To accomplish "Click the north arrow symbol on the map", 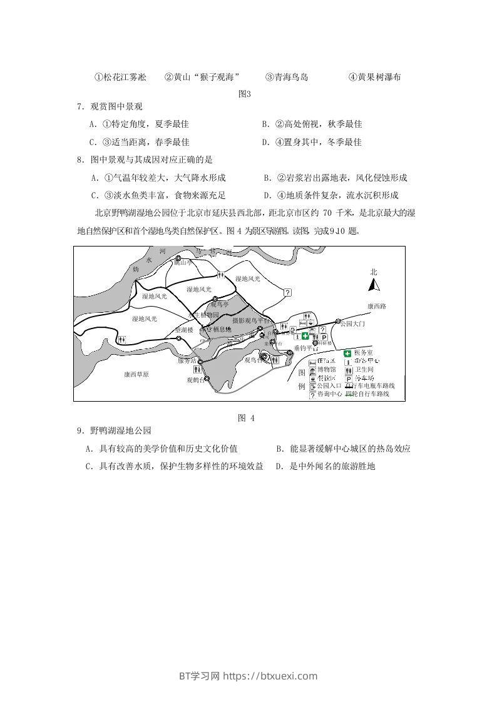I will (374, 285).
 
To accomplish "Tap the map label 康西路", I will (377, 307).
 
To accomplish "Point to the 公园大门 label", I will (352, 324).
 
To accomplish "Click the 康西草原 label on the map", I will (136, 374).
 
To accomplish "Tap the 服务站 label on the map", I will (187, 361).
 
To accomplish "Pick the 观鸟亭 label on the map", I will (220, 304).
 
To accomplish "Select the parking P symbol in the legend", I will (347, 379).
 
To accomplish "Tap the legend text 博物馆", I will (326, 370).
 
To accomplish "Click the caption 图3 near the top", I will (245, 94).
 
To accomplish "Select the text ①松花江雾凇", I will (120, 77).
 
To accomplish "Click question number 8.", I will (80, 160).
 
